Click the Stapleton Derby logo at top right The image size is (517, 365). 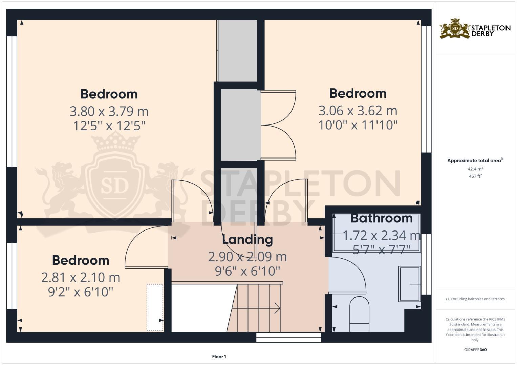pos(475,28)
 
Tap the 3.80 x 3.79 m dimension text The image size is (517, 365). pos(109,111)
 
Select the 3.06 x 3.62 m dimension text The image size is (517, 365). pos(358,111)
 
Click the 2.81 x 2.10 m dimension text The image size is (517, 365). pos(81,277)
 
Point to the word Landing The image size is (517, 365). pos(247,239)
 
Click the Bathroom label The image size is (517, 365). pos(382,218)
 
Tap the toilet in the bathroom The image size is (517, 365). pos(359,313)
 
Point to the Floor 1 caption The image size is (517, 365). pos(219,357)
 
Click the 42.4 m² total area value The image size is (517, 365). pos(475,169)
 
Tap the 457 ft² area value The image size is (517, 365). pos(475,176)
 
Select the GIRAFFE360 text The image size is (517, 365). pos(475,350)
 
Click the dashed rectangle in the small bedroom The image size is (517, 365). pos(155,307)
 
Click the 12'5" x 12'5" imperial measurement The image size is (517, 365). pos(109,126)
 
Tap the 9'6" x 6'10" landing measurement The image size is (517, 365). pos(247,271)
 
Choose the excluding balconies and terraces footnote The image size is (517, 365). pos(475,299)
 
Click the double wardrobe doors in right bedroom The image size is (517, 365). pos(278,125)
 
